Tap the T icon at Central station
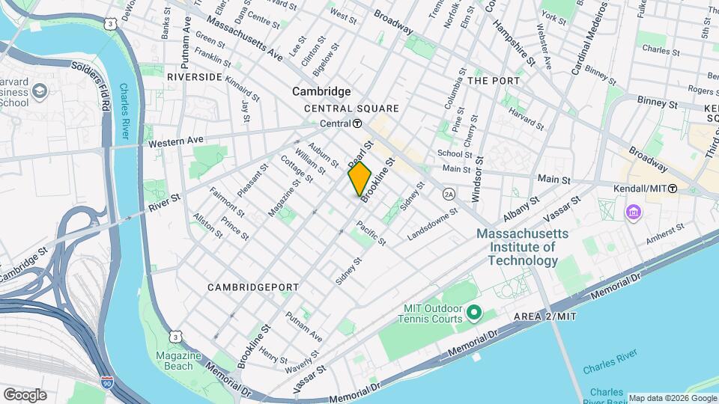358,123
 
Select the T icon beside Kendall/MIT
673,189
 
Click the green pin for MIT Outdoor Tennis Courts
473,310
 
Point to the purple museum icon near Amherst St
634,213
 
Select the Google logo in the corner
25,394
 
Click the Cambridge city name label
321,91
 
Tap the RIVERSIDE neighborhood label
194,77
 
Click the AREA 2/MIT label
544,317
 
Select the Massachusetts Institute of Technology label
523,248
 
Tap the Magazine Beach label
174,361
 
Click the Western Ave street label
176,141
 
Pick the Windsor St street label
477,179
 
